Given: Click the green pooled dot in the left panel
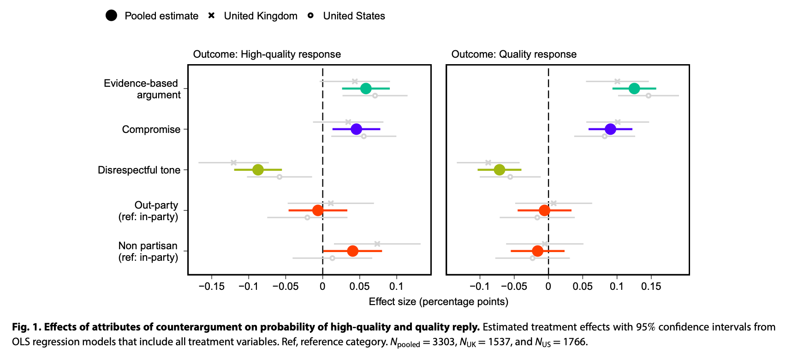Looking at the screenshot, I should click(x=365, y=88).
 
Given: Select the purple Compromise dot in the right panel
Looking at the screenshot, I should click(x=610, y=129).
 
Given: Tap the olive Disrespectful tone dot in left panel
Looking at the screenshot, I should click(x=258, y=170).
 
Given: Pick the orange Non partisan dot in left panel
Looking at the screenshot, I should click(x=352, y=251).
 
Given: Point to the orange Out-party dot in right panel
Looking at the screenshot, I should click(x=544, y=210).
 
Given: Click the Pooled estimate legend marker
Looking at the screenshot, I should click(x=111, y=16).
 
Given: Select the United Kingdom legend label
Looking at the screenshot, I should click(x=261, y=16).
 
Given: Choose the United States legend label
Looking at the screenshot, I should click(x=354, y=16).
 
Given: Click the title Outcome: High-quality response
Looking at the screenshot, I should click(x=267, y=54).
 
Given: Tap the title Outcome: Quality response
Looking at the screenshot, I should click(x=514, y=54).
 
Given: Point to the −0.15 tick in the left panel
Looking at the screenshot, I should click(x=212, y=287).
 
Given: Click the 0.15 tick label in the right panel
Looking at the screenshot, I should click(x=651, y=287).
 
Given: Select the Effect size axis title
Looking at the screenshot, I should click(x=438, y=302).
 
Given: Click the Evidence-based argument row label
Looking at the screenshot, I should click(x=142, y=89).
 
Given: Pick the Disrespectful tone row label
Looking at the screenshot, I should click(x=139, y=170).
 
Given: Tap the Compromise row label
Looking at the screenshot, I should click(x=151, y=130).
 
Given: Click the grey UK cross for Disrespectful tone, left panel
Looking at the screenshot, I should click(x=233, y=162).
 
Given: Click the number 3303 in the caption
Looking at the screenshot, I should click(x=443, y=342).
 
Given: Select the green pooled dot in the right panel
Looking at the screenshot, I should click(x=634, y=88).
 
